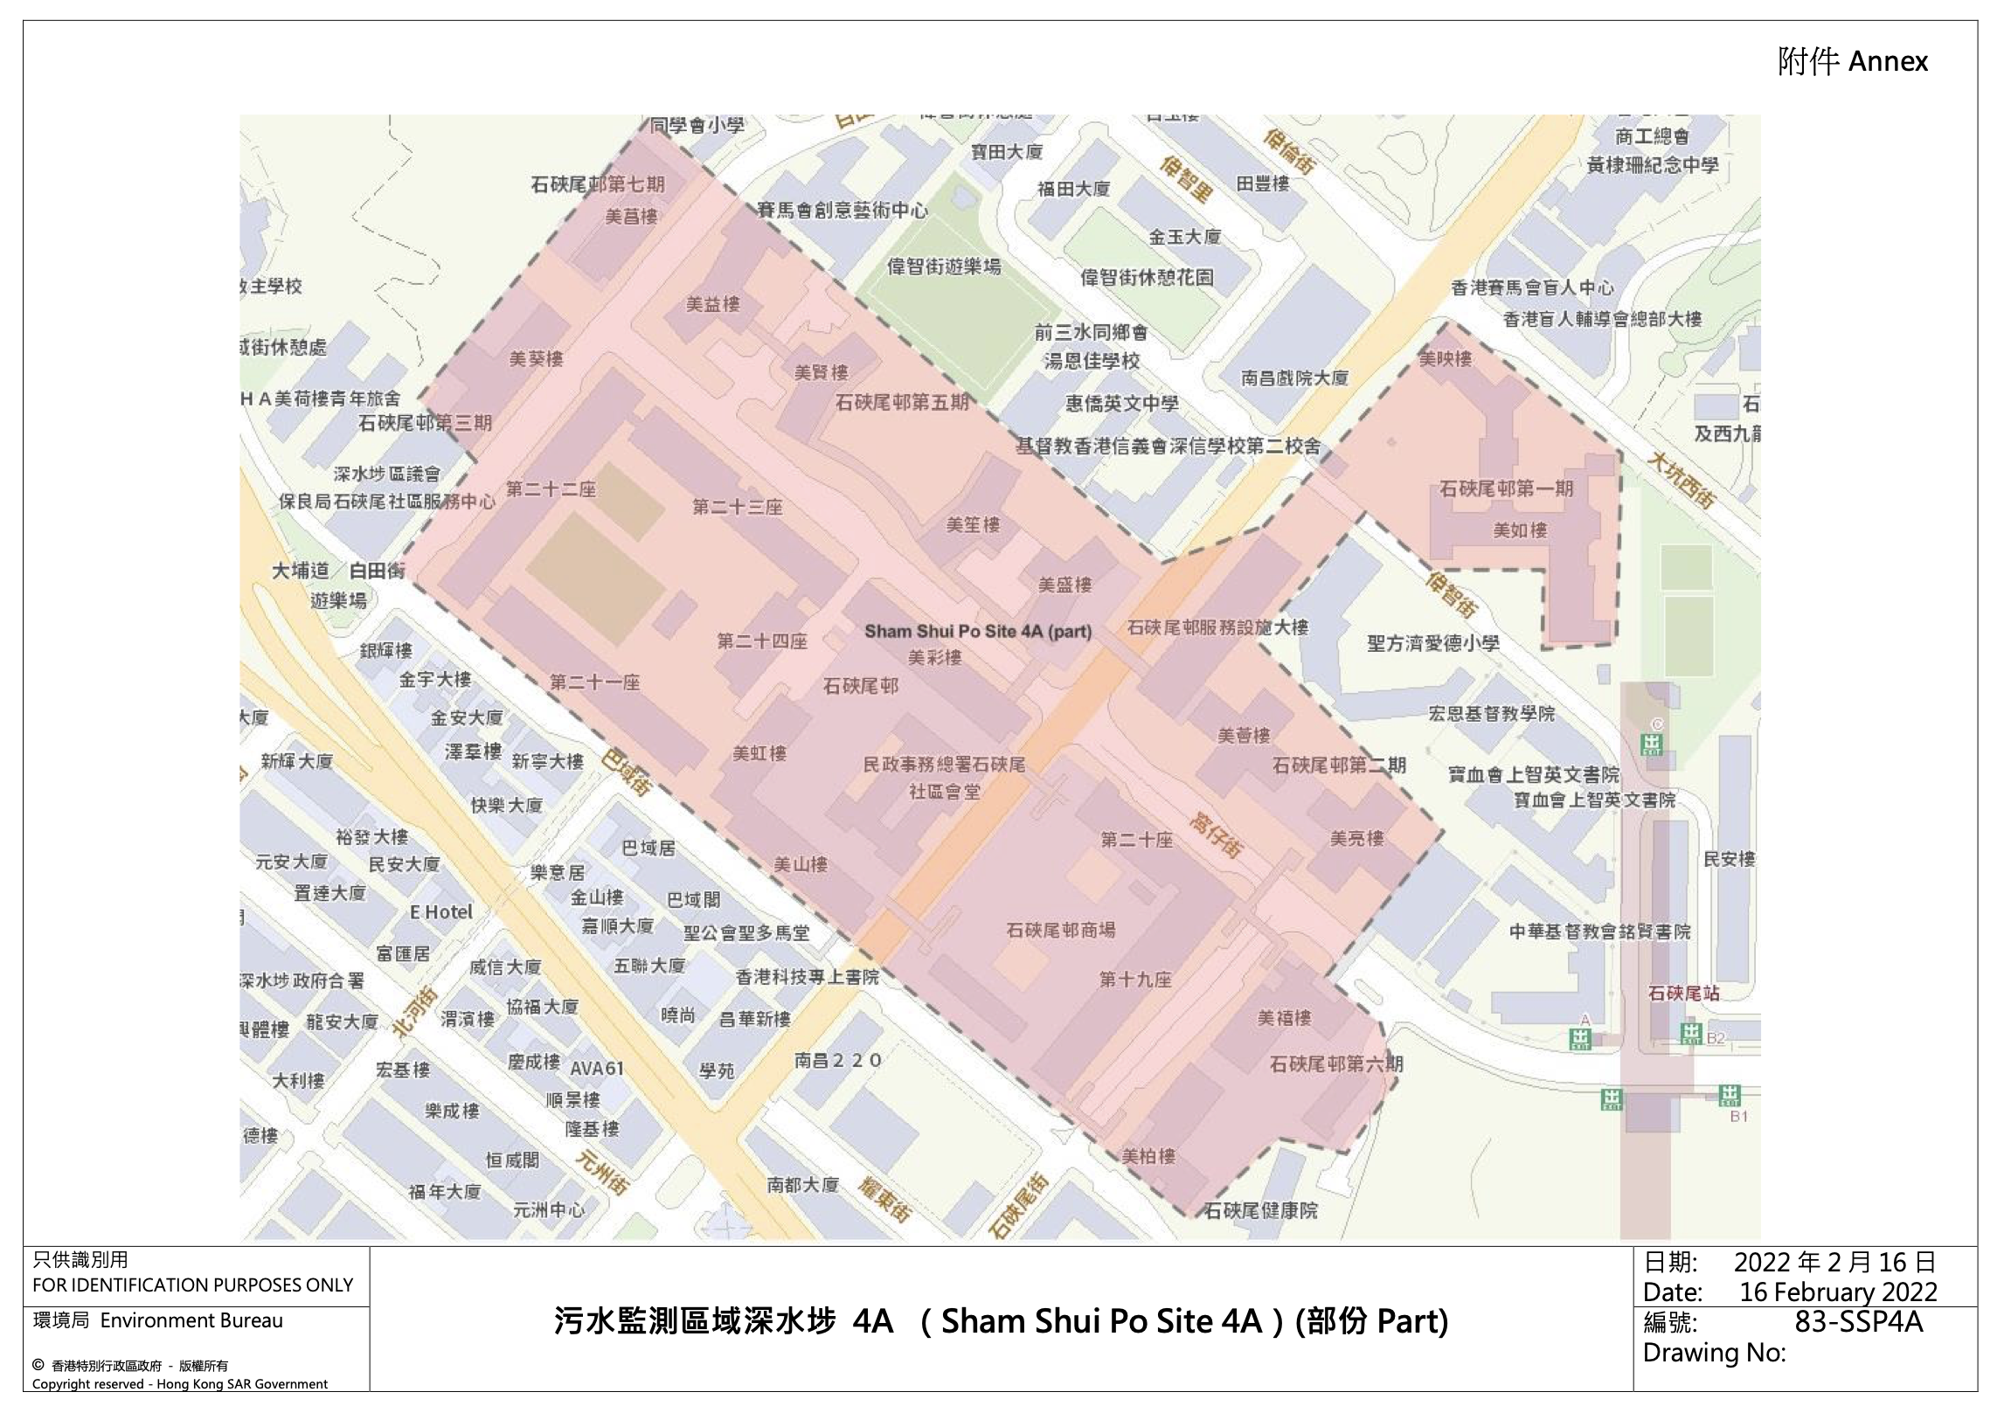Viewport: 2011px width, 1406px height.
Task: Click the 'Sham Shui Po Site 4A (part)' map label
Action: point(977,631)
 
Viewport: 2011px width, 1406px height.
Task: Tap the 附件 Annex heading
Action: point(1852,61)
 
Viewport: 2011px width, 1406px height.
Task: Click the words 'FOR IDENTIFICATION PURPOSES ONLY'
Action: point(192,1285)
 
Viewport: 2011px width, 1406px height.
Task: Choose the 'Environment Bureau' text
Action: point(191,1320)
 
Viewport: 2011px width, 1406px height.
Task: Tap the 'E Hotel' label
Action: point(440,911)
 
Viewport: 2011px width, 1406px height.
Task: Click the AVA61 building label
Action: point(596,1068)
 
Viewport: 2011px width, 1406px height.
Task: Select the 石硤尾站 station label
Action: point(1683,993)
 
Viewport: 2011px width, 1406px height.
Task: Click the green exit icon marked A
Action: point(1580,1039)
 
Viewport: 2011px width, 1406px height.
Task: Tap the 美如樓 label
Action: point(1520,530)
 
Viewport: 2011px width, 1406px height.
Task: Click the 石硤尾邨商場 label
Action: point(1060,930)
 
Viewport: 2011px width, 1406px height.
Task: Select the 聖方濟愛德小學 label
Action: point(1433,643)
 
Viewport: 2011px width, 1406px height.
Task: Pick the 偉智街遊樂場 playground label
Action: point(943,267)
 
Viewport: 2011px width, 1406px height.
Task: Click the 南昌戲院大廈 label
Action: point(1293,378)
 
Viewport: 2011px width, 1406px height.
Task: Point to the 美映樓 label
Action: point(1446,359)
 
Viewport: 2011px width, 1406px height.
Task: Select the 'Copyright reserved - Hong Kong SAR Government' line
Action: point(179,1384)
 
